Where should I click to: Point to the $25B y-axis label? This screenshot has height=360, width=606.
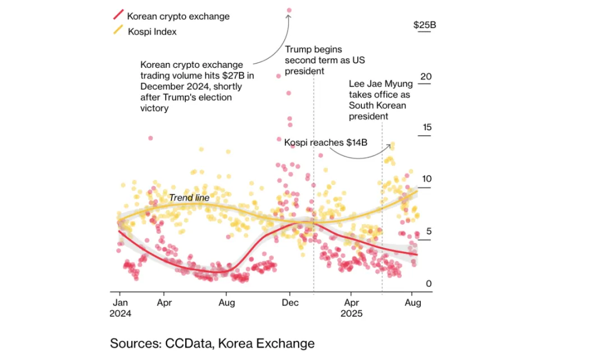click(x=425, y=25)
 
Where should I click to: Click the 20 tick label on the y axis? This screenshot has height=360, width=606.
click(x=426, y=76)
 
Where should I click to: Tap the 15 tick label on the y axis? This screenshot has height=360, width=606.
click(x=426, y=127)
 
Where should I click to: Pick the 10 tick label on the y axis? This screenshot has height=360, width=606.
click(x=426, y=179)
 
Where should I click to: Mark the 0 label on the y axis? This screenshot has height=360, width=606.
click(x=429, y=283)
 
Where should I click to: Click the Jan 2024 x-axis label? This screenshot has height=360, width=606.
click(x=120, y=307)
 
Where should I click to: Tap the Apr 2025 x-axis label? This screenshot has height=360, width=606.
click(x=351, y=307)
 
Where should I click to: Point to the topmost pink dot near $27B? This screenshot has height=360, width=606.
click(x=290, y=10)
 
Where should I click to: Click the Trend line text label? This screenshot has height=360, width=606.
click(x=189, y=198)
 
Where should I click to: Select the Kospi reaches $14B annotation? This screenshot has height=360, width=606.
click(x=325, y=142)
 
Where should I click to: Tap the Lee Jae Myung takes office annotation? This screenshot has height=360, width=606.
click(x=380, y=100)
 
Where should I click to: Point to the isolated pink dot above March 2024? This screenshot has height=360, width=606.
click(x=150, y=138)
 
